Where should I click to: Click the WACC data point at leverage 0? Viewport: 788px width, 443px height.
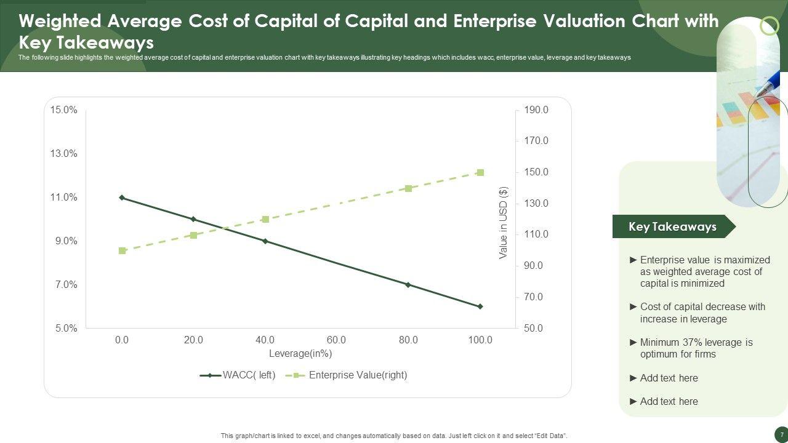122,198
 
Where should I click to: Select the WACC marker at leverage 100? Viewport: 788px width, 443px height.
480,306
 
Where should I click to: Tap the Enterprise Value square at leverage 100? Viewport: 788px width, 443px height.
480,173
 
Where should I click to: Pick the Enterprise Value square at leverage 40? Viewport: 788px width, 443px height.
265,219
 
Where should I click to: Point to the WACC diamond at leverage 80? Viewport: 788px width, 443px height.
408,285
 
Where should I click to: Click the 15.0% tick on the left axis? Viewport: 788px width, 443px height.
64,110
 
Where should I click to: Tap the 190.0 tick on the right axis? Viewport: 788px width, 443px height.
536,110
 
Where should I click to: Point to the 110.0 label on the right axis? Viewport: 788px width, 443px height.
536,234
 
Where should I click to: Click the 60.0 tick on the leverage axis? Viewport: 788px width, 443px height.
337,340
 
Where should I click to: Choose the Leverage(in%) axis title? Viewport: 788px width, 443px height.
300,354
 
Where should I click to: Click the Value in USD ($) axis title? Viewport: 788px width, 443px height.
504,223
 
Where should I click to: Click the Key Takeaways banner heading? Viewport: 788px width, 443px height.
672,226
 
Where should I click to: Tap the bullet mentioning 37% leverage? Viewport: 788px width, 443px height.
696,348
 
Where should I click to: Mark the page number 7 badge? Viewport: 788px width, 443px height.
781,435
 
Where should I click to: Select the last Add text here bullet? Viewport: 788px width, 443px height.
669,401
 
